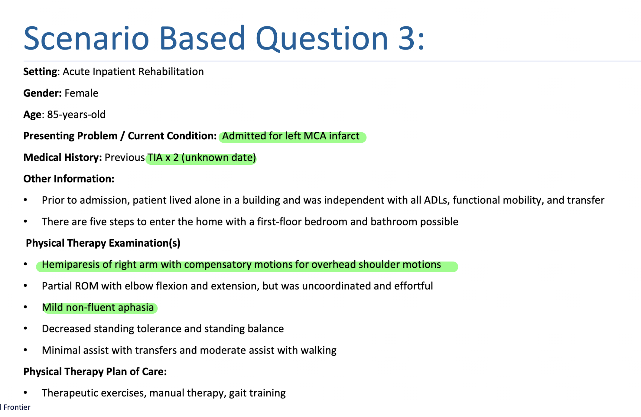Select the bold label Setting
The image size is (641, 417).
pos(40,72)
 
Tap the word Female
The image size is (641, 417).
pos(81,93)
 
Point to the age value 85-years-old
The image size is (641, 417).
pos(76,115)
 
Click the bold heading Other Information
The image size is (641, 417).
pos(69,179)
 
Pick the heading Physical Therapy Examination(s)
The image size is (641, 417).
pos(103,243)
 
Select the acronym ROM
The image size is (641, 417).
pos(86,286)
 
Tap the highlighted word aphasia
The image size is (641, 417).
pos(136,307)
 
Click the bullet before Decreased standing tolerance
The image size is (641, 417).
pos(26,328)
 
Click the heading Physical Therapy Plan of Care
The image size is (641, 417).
pos(95,371)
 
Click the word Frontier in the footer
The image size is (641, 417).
pos(17,407)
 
